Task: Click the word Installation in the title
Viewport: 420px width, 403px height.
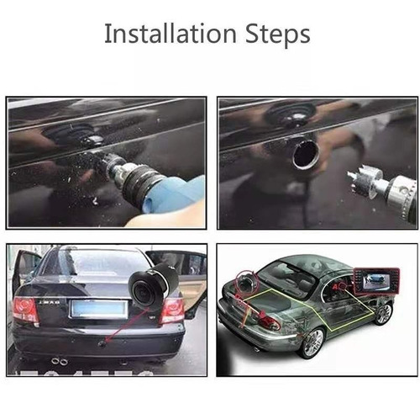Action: pyautogui.click(x=171, y=34)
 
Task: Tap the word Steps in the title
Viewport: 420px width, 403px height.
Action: pyautogui.click(x=278, y=35)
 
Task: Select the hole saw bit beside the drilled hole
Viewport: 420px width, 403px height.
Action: pyautogui.click(x=365, y=181)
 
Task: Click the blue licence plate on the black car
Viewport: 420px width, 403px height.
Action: pyautogui.click(x=99, y=308)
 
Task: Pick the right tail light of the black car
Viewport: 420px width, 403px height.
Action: pyautogui.click(x=172, y=310)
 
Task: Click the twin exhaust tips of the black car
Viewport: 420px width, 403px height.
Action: pyautogui.click(x=60, y=362)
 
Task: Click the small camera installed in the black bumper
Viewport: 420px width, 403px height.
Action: pyautogui.click(x=102, y=342)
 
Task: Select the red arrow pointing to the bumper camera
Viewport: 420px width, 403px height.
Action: pyautogui.click(x=126, y=326)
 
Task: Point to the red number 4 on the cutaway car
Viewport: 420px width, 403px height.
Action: pyautogui.click(x=335, y=287)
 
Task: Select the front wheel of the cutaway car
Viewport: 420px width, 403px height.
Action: pyautogui.click(x=383, y=313)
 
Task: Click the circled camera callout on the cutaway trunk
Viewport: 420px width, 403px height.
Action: pyautogui.click(x=247, y=283)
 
